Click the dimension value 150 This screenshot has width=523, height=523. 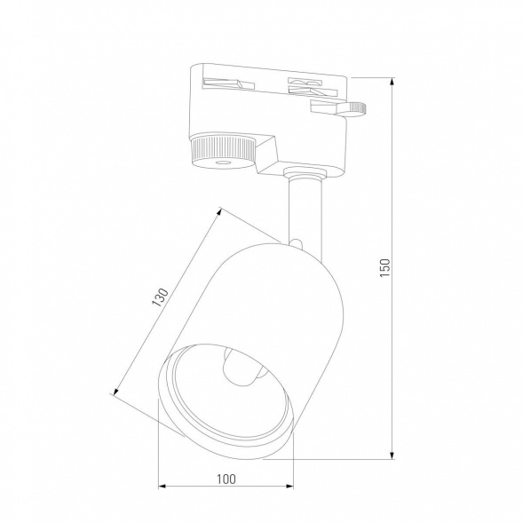coord(384,266)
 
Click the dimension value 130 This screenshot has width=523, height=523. coord(161,297)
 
